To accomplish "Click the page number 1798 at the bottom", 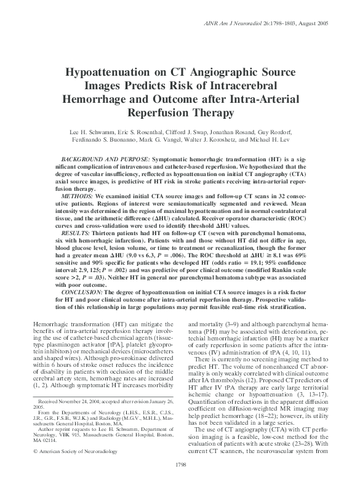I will coord(181,464).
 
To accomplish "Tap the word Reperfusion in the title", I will coord(162,113).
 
